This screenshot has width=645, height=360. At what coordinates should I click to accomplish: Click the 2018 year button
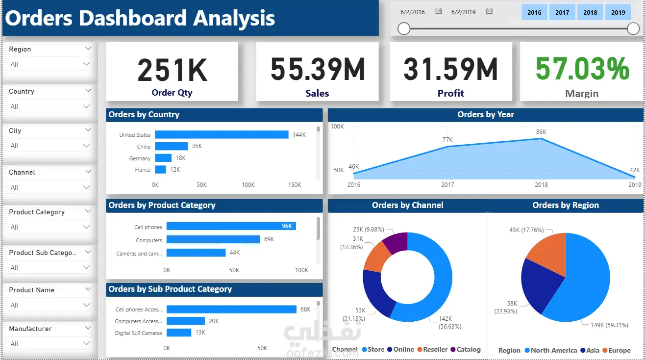(590, 12)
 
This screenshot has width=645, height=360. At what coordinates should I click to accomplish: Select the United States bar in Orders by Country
(222, 134)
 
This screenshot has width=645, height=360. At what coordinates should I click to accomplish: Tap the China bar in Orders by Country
(171, 146)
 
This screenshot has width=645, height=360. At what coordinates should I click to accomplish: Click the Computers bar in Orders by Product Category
(213, 239)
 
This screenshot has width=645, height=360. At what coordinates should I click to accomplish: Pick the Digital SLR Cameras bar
(178, 333)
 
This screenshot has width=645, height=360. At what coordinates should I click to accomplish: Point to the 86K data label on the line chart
(541, 132)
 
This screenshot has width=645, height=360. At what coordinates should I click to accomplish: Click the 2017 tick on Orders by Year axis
(447, 185)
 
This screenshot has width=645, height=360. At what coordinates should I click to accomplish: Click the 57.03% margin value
(582, 69)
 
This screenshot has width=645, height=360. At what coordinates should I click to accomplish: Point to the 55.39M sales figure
(318, 69)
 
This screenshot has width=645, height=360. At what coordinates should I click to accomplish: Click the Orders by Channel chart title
(407, 206)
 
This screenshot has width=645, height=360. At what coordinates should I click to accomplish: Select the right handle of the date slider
(633, 29)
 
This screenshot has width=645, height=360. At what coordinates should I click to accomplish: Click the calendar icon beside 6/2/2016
(439, 11)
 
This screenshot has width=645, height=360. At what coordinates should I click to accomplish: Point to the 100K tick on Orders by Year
(337, 127)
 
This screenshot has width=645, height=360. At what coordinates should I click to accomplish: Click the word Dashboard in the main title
(134, 18)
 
